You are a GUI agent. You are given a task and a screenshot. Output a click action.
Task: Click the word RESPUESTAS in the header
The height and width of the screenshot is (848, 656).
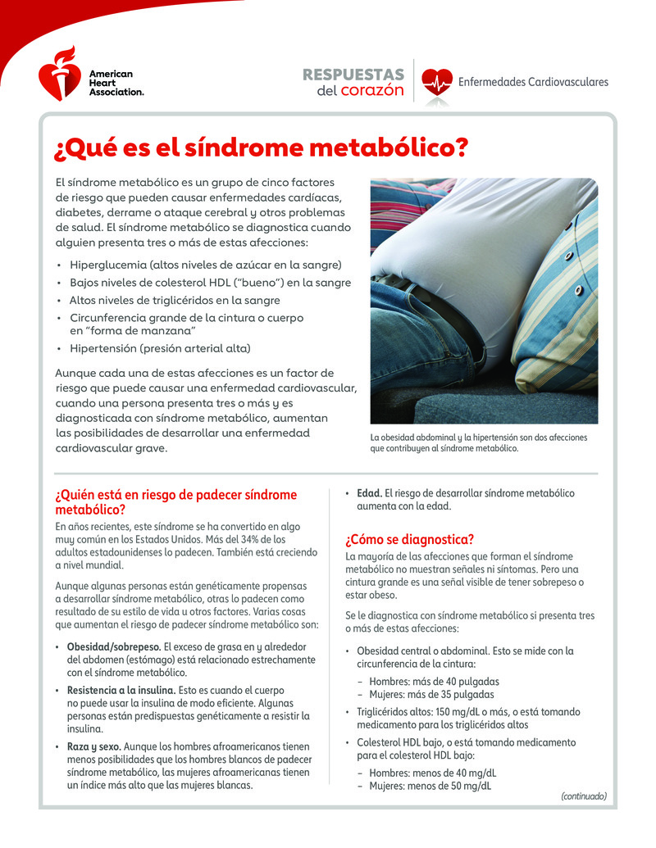[353, 75]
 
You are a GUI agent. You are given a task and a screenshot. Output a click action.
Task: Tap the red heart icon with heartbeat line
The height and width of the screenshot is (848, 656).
[436, 83]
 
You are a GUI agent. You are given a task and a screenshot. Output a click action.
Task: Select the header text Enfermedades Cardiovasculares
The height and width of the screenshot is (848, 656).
[533, 82]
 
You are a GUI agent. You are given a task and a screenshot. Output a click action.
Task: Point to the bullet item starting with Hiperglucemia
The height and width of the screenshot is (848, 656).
[205, 265]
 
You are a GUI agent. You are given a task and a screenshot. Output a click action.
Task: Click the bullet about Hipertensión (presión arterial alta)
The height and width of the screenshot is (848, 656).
[160, 348]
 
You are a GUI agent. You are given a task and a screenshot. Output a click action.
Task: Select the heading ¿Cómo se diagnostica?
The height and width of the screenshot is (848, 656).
[409, 539]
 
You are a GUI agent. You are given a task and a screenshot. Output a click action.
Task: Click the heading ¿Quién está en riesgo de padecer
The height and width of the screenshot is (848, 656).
[175, 495]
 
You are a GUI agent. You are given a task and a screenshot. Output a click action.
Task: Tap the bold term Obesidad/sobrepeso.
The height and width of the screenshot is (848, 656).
[113, 646]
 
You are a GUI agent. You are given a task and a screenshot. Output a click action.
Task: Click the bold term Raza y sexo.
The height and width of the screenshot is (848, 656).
[93, 746]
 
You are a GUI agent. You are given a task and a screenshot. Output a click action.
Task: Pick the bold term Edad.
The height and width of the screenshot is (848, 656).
[369, 493]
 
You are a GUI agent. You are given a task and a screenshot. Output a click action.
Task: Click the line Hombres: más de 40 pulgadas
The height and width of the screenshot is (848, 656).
[434, 681]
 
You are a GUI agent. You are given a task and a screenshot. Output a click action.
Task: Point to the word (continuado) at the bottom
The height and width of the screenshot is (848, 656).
[583, 796]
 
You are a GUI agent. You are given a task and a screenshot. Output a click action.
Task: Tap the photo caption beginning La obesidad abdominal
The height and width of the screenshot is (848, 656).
[479, 442]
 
